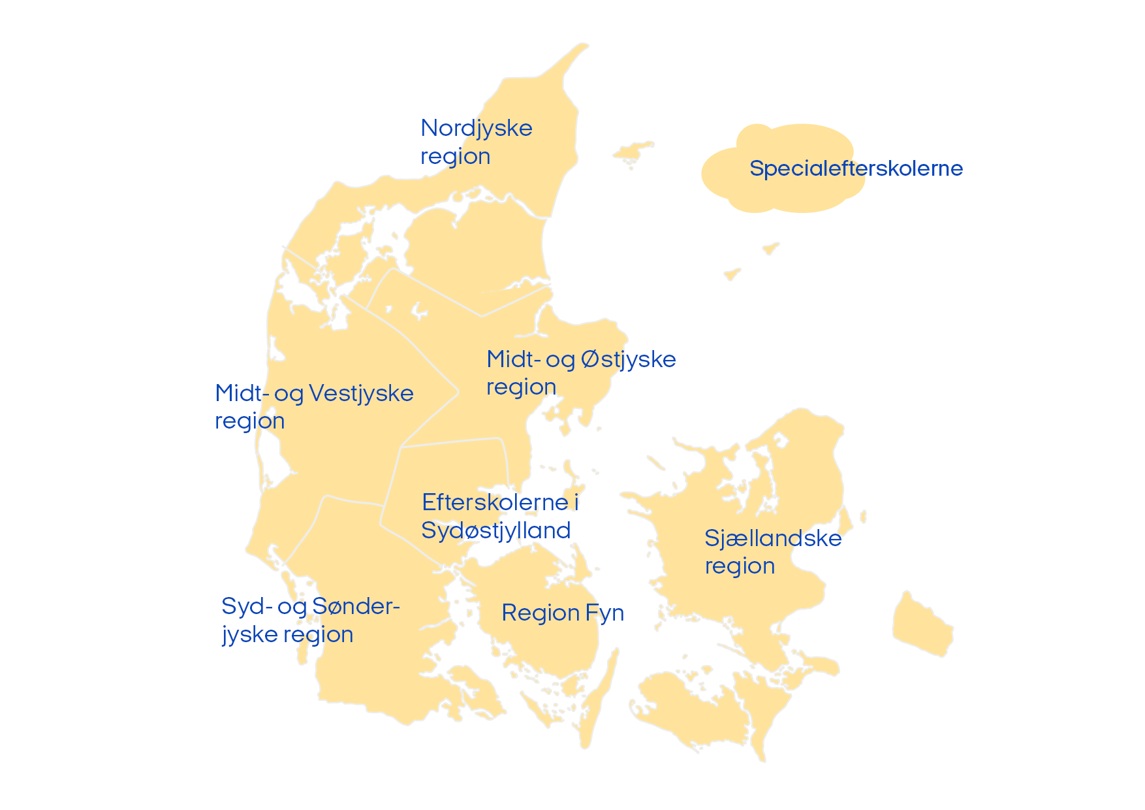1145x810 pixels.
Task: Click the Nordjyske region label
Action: [476, 142]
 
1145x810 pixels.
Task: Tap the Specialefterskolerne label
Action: [856, 169]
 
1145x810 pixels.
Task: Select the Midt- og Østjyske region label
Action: [581, 372]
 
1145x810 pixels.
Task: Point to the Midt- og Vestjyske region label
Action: [314, 406]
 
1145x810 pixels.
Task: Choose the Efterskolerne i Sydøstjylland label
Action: [499, 516]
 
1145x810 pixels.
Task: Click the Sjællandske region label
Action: [773, 551]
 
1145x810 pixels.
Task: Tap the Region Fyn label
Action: [563, 613]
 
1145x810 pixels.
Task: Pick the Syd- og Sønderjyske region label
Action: [310, 620]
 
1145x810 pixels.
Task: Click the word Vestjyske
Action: [361, 393]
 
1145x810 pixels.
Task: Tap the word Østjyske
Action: [628, 359]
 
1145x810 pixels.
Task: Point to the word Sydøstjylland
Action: [496, 530]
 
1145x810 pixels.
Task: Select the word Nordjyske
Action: [477, 128]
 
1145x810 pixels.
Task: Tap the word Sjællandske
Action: [773, 538]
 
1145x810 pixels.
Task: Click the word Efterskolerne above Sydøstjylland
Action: [495, 502]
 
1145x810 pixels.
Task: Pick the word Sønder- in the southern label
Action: [356, 606]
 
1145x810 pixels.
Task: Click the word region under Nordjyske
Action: [455, 157]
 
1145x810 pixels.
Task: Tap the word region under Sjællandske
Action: [740, 566]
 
